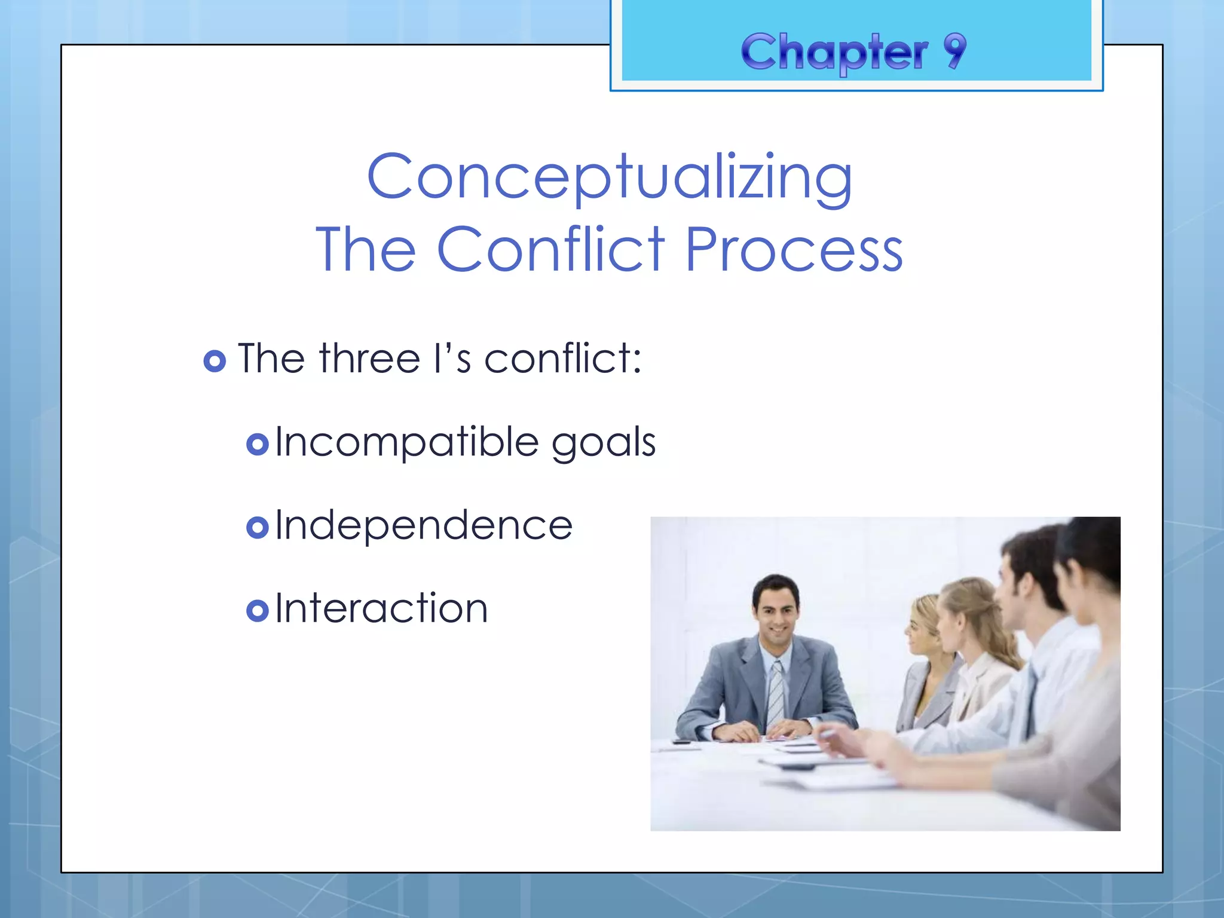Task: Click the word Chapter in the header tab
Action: coord(834,53)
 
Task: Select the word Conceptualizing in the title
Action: coord(610,178)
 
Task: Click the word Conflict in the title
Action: coord(550,249)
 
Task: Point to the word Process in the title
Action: coord(794,250)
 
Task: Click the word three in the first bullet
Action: coord(370,359)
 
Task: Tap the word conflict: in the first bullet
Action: coord(562,359)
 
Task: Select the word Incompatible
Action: coord(407,443)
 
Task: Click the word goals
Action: coord(603,443)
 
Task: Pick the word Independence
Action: coord(424,526)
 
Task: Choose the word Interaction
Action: coord(381,609)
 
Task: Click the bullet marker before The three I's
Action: coord(215,361)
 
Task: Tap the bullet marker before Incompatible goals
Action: coord(258,445)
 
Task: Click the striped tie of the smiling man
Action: coord(775,693)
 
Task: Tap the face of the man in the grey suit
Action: coord(776,616)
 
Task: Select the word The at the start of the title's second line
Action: coord(366,250)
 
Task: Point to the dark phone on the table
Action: coord(681,742)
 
